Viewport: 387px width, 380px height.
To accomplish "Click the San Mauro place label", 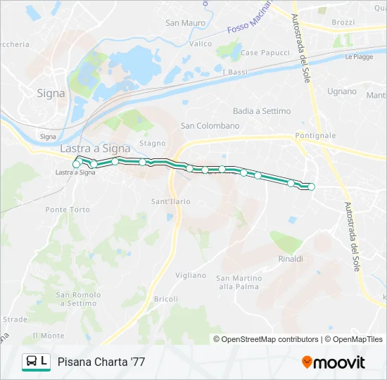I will click(185, 23).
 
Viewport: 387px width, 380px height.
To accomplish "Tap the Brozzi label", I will click(343, 23).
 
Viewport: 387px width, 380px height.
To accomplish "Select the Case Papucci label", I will click(265, 53).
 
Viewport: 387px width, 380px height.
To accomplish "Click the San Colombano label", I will click(210, 126).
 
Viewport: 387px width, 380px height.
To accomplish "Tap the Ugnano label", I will click(342, 91).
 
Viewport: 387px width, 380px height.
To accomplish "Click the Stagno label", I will click(152, 144).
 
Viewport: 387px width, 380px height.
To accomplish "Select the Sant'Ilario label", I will click(171, 202).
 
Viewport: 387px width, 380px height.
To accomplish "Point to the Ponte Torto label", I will click(68, 210).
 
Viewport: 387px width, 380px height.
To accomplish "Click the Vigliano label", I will click(190, 275).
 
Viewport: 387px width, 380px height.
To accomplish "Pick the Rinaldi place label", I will click(291, 259).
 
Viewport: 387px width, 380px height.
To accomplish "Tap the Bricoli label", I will click(166, 299).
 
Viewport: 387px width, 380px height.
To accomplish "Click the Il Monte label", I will click(49, 336).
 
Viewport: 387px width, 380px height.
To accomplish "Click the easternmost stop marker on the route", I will click(311, 186).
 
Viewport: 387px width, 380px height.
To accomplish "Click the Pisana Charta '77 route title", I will click(101, 362).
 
